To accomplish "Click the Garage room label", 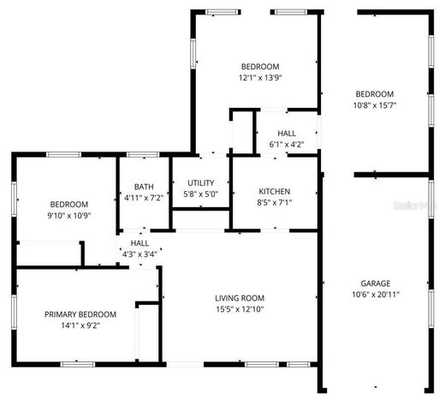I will pos(375,283).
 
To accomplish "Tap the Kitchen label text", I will pos(275,191).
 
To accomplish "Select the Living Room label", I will pos(240,298).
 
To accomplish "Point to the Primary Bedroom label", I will pos(80,314).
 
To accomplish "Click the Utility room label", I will pos(200,183).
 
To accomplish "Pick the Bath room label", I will pos(144,187).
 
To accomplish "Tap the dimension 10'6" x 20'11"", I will pos(375,295).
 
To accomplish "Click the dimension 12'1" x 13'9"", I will pos(260,77).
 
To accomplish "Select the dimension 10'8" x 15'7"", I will pos(375,105).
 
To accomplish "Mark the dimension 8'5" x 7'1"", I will pos(275,202).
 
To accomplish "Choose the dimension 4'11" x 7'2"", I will pos(144,198).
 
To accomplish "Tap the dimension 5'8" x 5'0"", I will pos(200,194).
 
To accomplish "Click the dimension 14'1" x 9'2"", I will pos(80,325).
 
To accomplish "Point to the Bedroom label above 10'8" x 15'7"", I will pos(375,94).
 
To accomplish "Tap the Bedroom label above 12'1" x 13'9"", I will pos(260,66).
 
